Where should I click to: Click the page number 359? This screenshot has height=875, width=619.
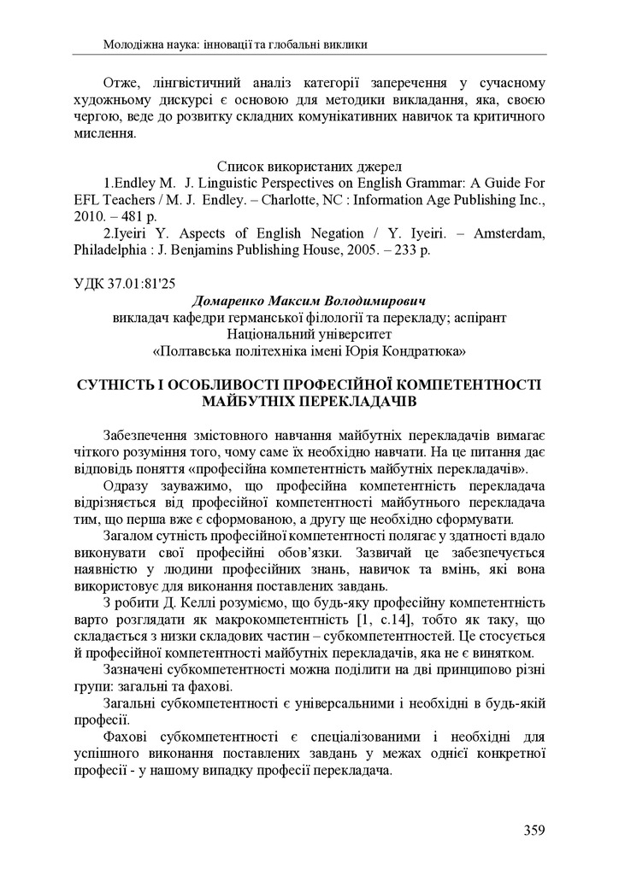533,829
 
